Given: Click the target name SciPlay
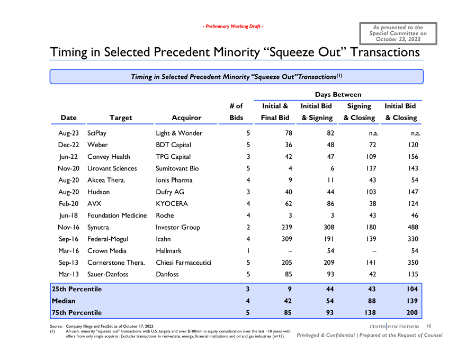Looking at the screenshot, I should (x=100, y=133).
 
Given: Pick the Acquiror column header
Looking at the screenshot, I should (x=186, y=118).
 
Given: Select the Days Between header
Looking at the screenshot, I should (x=337, y=94).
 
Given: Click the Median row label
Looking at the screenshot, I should (x=63, y=301).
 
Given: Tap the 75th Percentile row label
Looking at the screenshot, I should (x=76, y=312).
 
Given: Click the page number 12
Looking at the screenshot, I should (x=429, y=325).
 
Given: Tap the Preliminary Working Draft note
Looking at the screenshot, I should (x=233, y=26).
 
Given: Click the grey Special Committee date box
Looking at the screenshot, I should (x=398, y=33).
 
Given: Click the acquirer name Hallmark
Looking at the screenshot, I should (x=168, y=251).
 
